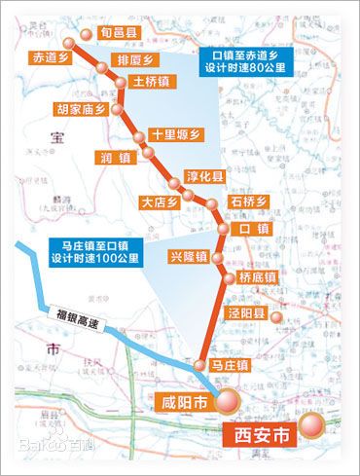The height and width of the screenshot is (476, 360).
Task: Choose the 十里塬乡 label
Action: click(174, 136)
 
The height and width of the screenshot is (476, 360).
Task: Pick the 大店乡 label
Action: click(161, 203)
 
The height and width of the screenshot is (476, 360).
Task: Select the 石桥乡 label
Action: click(248, 201)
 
